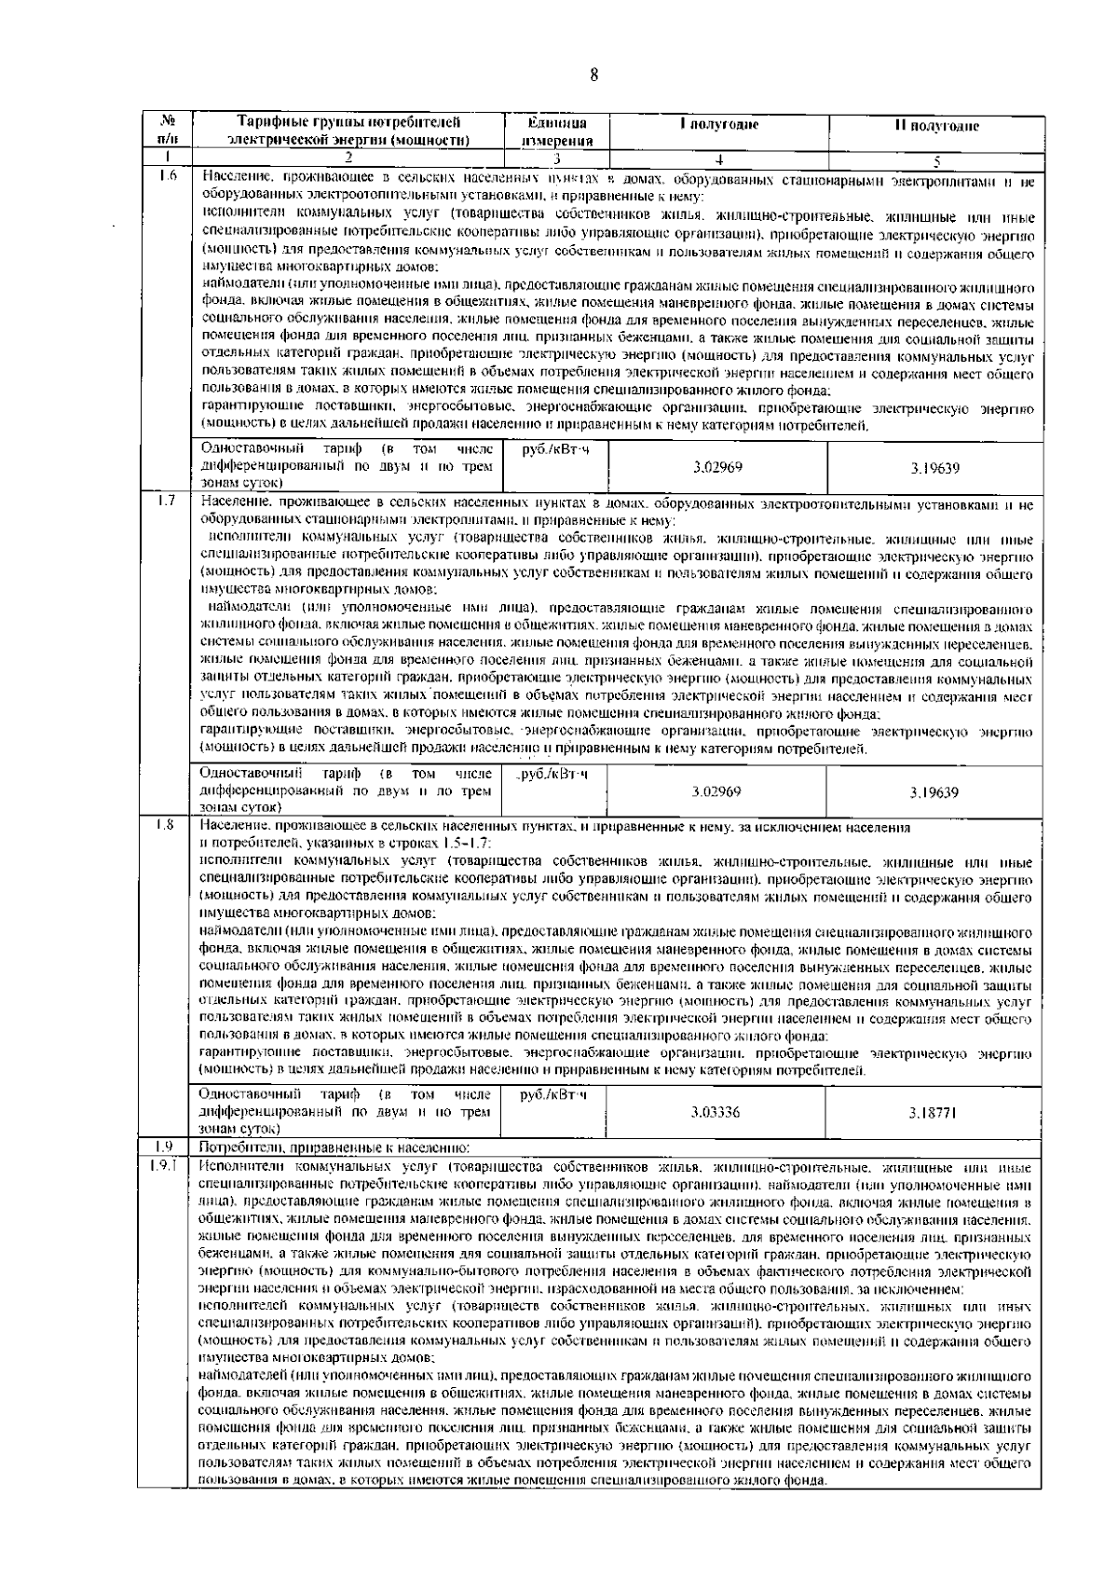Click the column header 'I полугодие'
pos(717,125)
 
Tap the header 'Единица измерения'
pos(557,131)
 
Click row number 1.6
pos(170,176)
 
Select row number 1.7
pos(170,504)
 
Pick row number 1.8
pos(170,825)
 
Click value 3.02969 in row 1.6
pos(717,467)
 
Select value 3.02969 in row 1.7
pos(717,791)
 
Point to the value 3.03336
pos(717,1112)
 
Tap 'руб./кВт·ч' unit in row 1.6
pos(556,450)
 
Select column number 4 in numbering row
pos(717,159)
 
